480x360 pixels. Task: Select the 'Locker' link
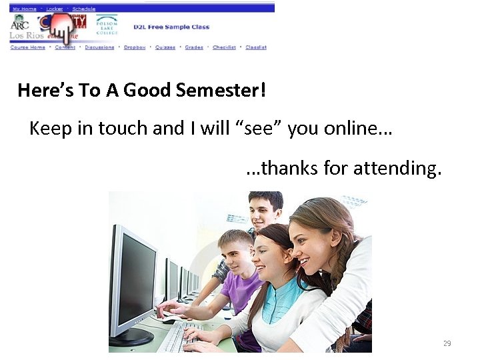click(55, 9)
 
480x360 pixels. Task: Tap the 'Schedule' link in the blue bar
click(84, 9)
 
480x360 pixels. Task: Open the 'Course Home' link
click(28, 47)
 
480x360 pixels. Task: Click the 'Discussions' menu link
click(100, 47)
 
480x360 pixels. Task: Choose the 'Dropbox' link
click(135, 47)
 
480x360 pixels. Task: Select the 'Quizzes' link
click(165, 47)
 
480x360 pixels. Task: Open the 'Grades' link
click(194, 47)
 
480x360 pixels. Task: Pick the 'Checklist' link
click(225, 47)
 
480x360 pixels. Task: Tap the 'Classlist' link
click(256, 47)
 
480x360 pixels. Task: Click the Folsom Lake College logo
click(107, 26)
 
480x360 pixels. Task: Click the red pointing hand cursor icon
click(61, 29)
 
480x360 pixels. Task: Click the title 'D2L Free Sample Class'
click(171, 27)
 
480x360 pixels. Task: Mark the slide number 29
click(447, 343)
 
